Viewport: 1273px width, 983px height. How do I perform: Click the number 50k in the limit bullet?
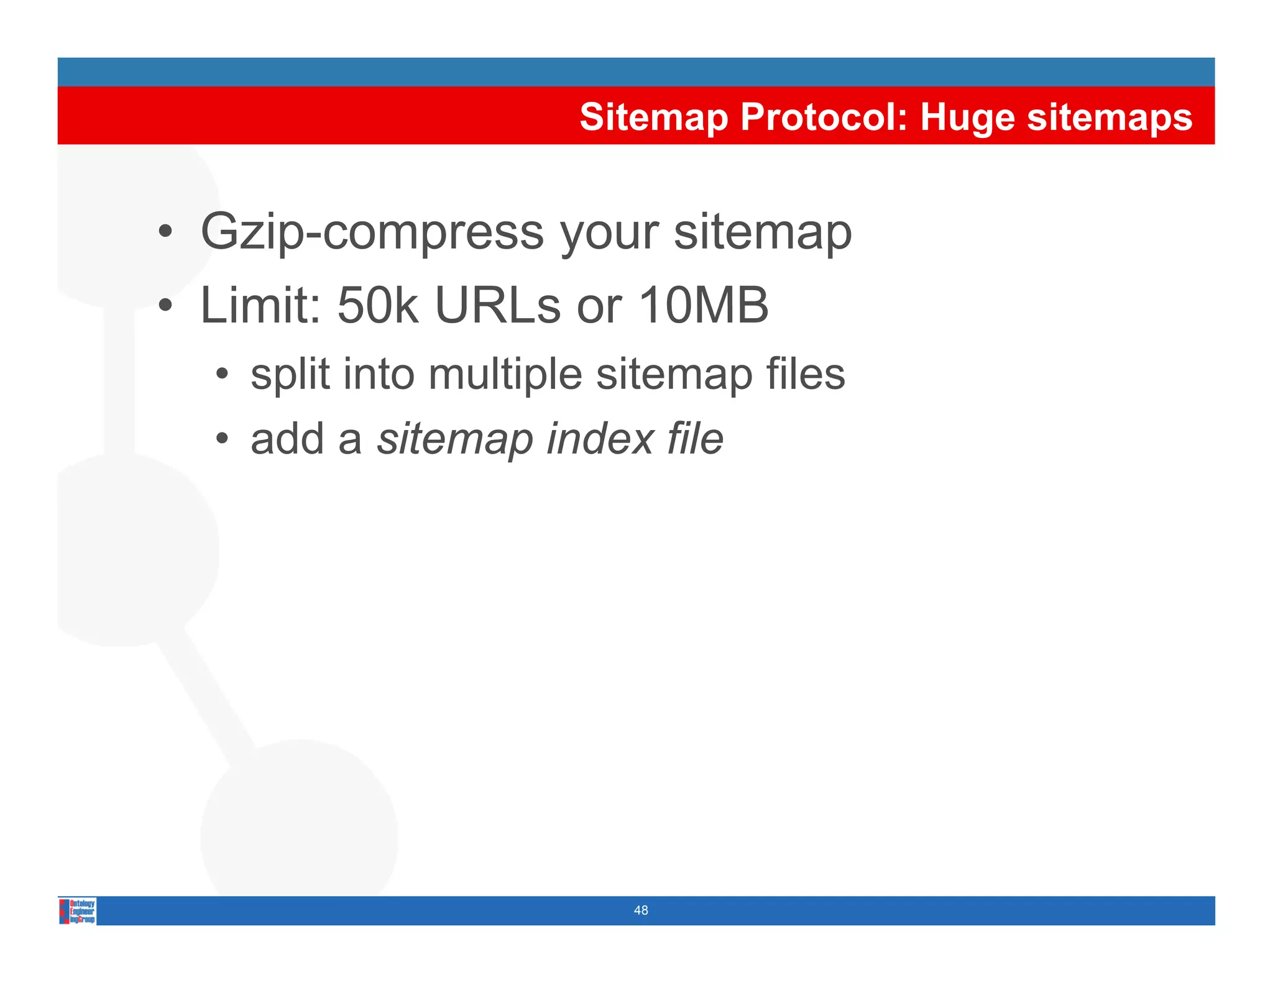tap(377, 305)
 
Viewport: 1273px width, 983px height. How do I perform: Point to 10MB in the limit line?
tap(703, 305)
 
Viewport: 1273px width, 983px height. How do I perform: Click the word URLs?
tap(497, 305)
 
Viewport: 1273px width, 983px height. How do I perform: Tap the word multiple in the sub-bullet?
tap(505, 374)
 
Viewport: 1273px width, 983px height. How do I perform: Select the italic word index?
tap(600, 439)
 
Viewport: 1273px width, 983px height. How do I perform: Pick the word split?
tap(290, 374)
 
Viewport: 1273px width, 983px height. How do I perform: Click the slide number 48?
tap(641, 910)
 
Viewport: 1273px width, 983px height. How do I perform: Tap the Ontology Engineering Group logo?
tap(78, 911)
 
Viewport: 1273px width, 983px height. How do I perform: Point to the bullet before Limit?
tap(165, 305)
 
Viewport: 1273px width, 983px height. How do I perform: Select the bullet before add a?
tap(222, 439)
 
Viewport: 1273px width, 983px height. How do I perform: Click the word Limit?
tap(260, 305)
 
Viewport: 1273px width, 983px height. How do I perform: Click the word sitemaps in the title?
tap(1110, 117)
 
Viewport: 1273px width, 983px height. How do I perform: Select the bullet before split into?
tap(222, 374)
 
